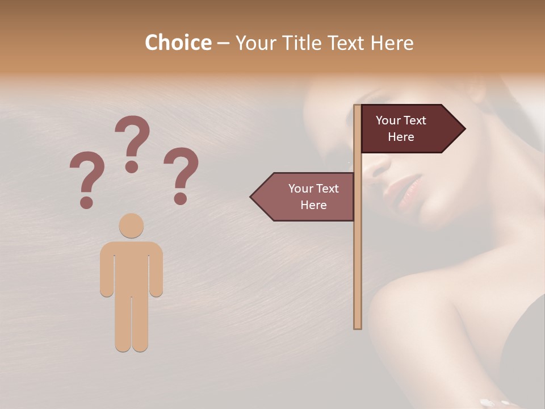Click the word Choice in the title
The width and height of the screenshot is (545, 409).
point(178,43)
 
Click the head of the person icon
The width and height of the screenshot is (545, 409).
point(131,226)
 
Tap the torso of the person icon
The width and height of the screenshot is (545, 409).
point(131,267)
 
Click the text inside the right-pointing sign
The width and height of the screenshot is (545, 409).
point(401,128)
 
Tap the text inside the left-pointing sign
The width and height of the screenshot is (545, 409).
point(313,197)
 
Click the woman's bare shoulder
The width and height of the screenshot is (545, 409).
point(420,307)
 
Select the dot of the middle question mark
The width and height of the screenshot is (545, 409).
point(132,166)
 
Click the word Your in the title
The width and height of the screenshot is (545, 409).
point(254,43)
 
